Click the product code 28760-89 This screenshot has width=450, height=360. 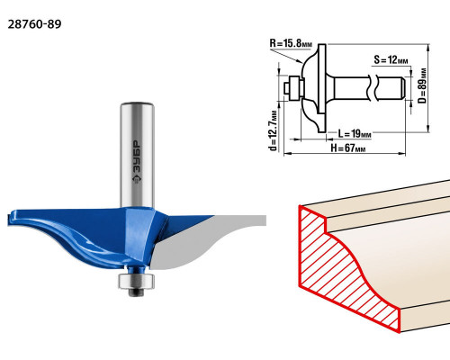(34, 24)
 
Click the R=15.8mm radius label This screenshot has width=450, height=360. (291, 43)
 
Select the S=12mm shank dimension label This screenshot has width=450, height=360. (391, 59)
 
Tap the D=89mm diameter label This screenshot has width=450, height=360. (422, 85)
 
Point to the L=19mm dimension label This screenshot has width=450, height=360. (355, 133)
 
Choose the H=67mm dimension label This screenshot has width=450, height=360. (348, 148)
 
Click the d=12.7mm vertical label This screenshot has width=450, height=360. (274, 130)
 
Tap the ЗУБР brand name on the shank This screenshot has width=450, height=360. (137, 157)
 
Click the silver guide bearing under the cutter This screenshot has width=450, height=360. (136, 281)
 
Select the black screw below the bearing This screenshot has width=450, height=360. (136, 292)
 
